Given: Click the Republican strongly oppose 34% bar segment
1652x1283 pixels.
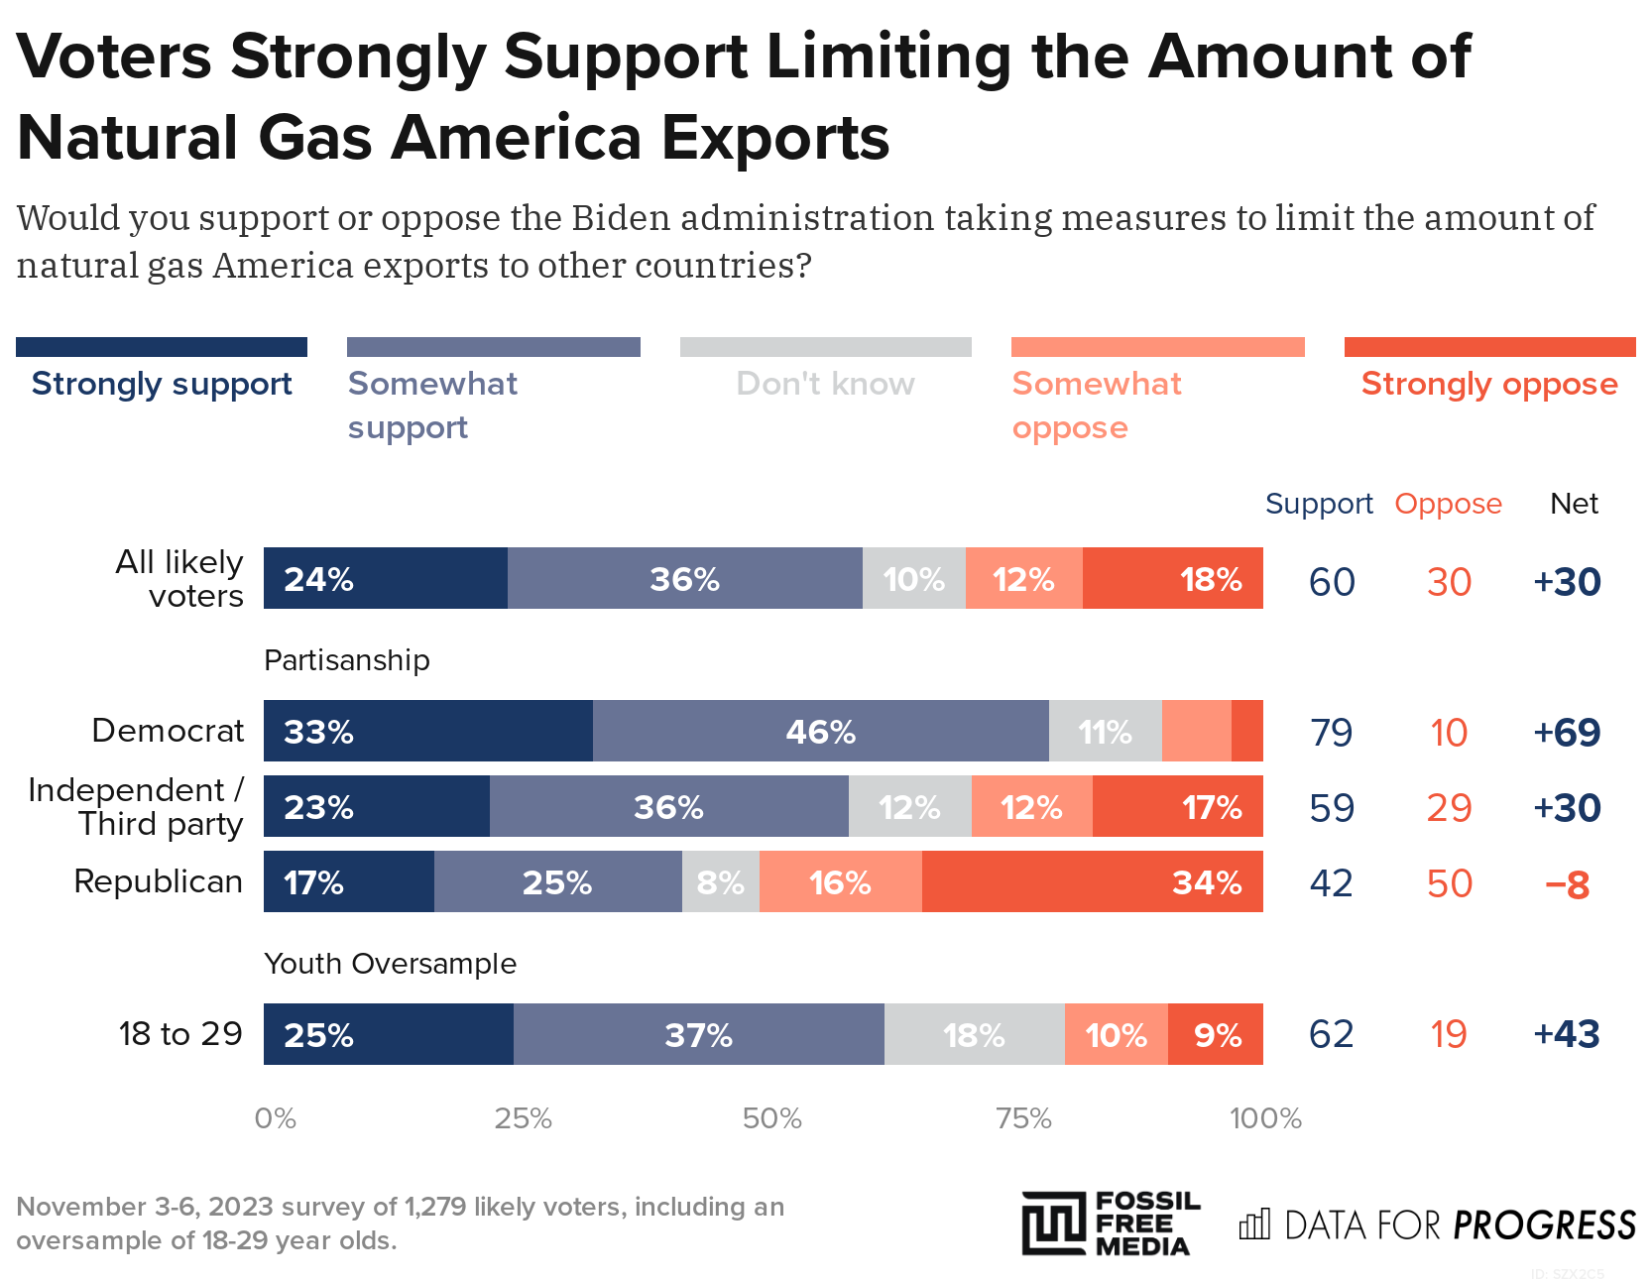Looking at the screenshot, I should pos(1092,881).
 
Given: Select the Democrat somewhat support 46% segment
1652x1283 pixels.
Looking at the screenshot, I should pos(820,731).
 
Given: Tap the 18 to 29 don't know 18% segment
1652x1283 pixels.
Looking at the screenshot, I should pos(974,1034).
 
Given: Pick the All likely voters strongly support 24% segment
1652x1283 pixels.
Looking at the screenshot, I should pos(385,578).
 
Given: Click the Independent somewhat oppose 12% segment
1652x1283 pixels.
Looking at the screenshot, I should pos(1031,806).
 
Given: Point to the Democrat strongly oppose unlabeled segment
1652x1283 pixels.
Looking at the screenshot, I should pos(1246,731).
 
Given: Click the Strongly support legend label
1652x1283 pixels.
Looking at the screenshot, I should pos(162,384).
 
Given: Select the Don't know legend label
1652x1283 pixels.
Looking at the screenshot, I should pos(825,384).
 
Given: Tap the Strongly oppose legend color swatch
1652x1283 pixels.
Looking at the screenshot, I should pos(1489,347).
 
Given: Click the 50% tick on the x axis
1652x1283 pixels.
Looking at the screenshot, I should pos(771,1118).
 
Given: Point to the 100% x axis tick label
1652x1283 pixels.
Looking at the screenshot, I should pos(1264,1118).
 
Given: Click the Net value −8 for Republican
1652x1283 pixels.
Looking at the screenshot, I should pos(1567,883).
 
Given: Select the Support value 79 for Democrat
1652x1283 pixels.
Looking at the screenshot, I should pos(1331,733).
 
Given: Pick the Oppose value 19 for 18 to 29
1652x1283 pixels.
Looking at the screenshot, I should pos(1448,1034).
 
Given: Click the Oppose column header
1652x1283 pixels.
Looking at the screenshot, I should pos(1448,504).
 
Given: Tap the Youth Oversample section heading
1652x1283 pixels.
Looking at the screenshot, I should pos(390,964).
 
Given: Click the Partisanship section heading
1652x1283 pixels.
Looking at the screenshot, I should pos(346,660).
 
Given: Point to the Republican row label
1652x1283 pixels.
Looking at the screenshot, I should pos(158,881).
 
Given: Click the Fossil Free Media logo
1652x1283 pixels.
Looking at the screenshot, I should pos(1111,1224).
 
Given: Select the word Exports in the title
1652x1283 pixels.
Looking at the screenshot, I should pos(774,137).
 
